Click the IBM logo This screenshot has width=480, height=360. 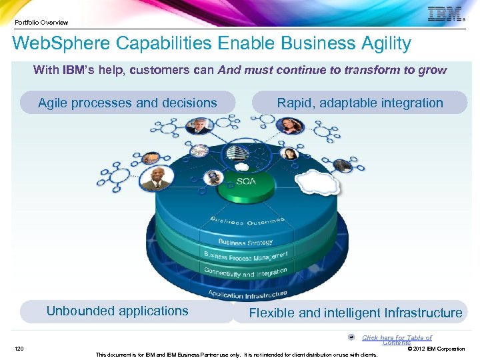[445, 14]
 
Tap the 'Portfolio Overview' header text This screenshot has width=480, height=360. [41, 22]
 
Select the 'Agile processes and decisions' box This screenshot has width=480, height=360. [127, 103]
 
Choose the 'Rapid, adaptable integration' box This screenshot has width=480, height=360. [360, 103]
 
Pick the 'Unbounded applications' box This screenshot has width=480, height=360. [117, 311]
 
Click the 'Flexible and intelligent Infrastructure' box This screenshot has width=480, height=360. [355, 313]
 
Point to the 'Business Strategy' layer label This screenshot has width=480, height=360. [245, 241]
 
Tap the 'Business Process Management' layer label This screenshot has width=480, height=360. [246, 257]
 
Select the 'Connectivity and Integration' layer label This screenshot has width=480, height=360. [246, 272]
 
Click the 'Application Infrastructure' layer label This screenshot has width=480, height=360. [247, 293]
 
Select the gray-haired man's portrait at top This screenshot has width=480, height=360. [198, 125]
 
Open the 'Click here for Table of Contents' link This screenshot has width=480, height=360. [397, 339]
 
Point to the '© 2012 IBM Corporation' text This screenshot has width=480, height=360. [436, 349]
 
